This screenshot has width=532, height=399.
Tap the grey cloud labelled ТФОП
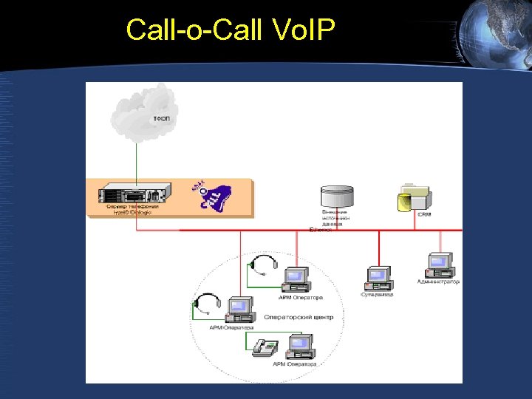pos(143,112)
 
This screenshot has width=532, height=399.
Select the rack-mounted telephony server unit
pos(131,196)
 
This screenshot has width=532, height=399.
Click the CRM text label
pos(424,214)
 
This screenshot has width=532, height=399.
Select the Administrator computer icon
pos(440,265)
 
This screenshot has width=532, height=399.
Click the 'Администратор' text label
pos(438,282)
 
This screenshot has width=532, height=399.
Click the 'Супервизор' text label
pos(377,294)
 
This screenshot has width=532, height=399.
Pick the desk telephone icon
pos(265,347)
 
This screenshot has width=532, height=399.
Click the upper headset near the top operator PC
pos(262,265)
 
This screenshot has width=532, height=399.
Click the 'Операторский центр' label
pos(299,317)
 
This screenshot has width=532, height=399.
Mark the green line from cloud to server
pos(136,159)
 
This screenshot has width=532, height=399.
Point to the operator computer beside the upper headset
pos(296,278)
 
